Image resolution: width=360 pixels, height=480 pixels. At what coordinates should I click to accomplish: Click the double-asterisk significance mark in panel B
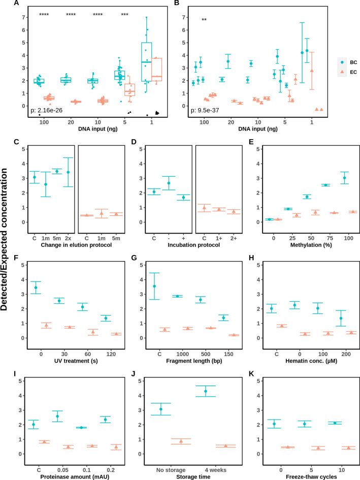click(x=204, y=20)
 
